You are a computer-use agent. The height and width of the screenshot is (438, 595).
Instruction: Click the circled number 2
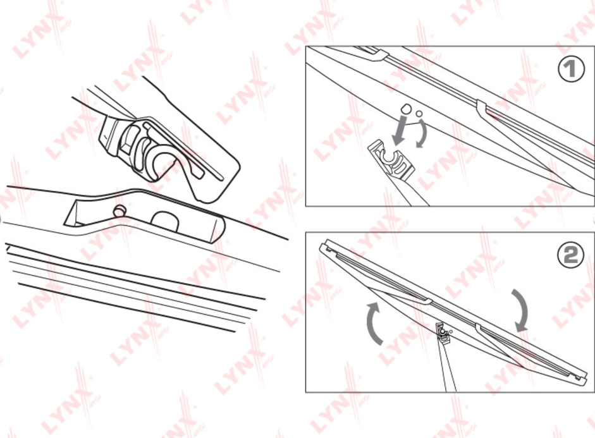coord(570,255)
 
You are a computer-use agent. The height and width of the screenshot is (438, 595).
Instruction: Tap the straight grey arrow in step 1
coord(400,130)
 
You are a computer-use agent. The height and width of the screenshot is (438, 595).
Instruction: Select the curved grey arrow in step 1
coord(422,133)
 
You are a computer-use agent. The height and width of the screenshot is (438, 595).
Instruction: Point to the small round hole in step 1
coord(419,113)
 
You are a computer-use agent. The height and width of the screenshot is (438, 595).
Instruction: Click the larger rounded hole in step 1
coord(407,108)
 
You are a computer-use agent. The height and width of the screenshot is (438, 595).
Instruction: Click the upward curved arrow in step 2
coord(374,323)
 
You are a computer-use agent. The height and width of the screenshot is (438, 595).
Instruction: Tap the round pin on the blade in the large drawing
coord(119,211)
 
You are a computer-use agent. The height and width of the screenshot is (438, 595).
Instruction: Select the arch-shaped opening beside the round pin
coord(164,221)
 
